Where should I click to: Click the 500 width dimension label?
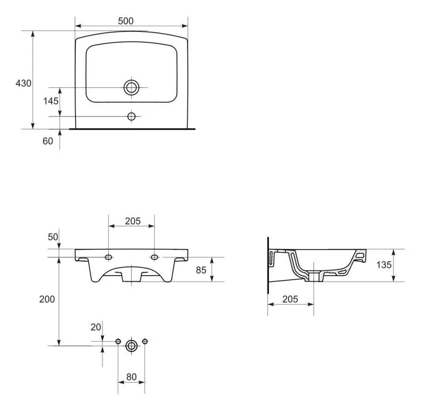click(126, 21)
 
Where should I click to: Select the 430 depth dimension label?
click(23, 83)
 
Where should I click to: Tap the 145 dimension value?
click(51, 101)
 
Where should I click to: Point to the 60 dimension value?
click(48, 141)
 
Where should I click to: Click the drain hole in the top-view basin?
click(131, 87)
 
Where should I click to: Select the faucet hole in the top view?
click(131, 117)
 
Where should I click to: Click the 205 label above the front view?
click(133, 221)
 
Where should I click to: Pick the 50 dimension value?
click(53, 237)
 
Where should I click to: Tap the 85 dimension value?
click(201, 270)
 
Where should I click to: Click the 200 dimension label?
click(47, 299)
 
